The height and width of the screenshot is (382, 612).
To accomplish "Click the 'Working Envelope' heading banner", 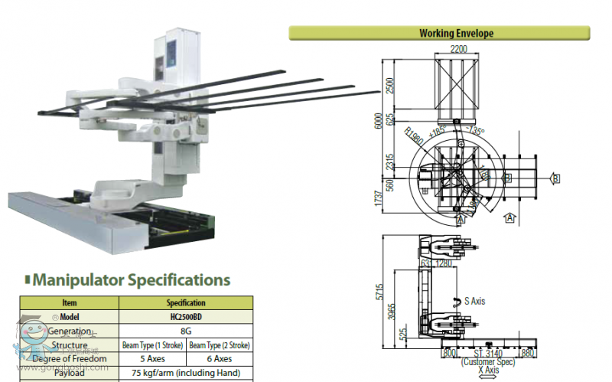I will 456,33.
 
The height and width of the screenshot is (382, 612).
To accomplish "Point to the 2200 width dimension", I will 458,48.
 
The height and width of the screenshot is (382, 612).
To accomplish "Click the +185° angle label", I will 438,130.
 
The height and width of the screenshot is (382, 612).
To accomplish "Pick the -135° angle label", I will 474,130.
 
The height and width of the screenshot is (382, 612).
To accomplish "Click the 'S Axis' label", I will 474,301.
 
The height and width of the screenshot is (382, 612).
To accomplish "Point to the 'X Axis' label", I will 487,370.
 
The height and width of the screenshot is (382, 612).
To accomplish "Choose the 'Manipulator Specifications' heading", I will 131,279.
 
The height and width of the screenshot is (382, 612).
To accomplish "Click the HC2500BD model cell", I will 186,316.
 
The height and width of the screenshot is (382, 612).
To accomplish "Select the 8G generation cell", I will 186,331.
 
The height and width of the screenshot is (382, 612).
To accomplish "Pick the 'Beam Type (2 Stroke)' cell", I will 220,345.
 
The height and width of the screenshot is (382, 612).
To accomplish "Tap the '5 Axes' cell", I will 152,358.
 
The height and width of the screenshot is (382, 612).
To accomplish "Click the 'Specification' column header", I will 186,302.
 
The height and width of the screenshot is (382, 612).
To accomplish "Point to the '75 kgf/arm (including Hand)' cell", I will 186,373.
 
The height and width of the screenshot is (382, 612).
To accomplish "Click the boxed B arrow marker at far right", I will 556,178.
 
